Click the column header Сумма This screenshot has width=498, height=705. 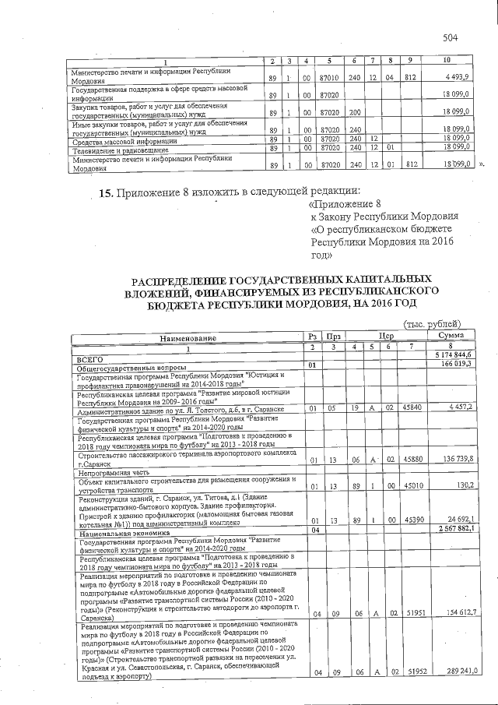[452, 335]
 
